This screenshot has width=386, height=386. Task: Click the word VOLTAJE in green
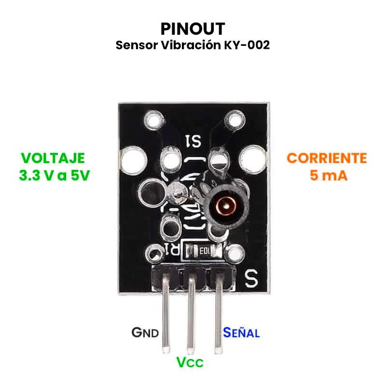pyautogui.click(x=53, y=158)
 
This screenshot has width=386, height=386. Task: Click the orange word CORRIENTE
pyautogui.click(x=327, y=158)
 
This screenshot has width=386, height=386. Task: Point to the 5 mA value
pyautogui.click(x=328, y=175)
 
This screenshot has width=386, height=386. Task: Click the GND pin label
pyautogui.click(x=145, y=332)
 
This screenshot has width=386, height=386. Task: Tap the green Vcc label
pyautogui.click(x=190, y=362)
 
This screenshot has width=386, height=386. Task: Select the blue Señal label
pyautogui.click(x=241, y=332)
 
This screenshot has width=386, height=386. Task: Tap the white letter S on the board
pyautogui.click(x=251, y=277)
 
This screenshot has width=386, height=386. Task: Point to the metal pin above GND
pyautogui.click(x=165, y=314)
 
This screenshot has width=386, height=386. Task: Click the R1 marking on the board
pyautogui.click(x=172, y=249)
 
